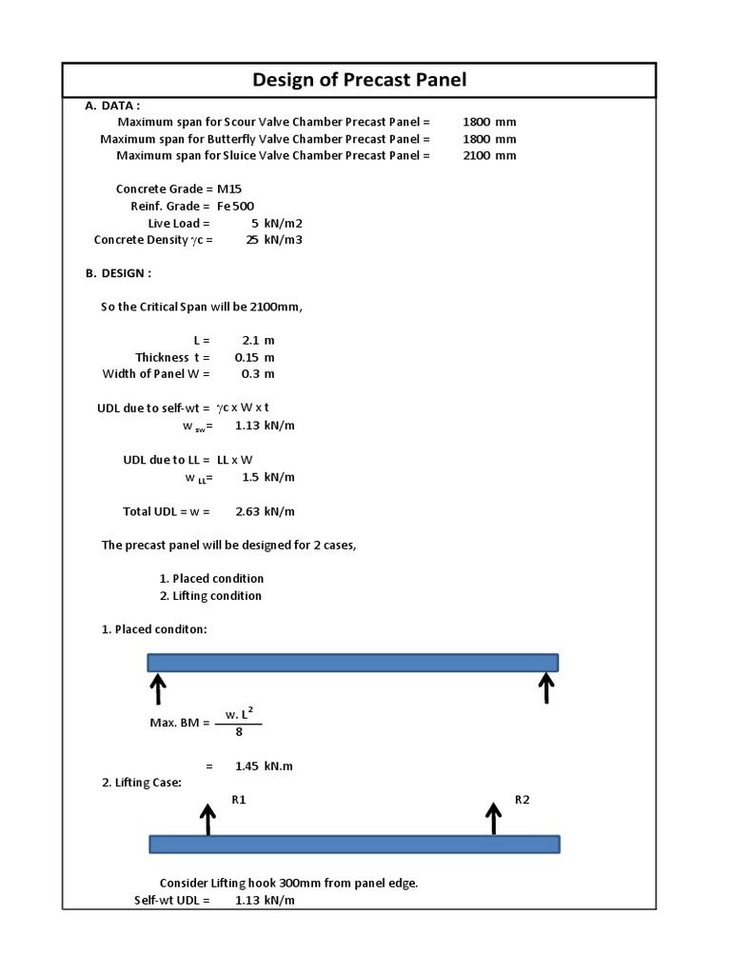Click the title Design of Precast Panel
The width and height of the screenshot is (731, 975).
click(x=359, y=80)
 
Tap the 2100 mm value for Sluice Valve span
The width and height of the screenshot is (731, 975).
click(x=489, y=156)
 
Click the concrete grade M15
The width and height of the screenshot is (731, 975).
click(x=229, y=189)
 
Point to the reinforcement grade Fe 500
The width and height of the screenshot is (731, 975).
click(x=235, y=207)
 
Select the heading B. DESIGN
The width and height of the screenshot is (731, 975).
click(x=118, y=274)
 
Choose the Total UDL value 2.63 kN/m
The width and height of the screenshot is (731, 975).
click(x=265, y=512)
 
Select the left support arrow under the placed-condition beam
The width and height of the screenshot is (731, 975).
click(x=158, y=688)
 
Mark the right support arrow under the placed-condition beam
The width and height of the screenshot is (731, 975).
click(x=546, y=687)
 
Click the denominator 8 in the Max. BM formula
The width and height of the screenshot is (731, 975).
click(x=238, y=732)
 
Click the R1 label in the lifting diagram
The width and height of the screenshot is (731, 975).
click(x=239, y=801)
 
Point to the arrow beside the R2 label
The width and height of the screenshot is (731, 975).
click(x=493, y=818)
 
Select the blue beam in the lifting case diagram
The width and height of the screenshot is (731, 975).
click(x=354, y=845)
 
